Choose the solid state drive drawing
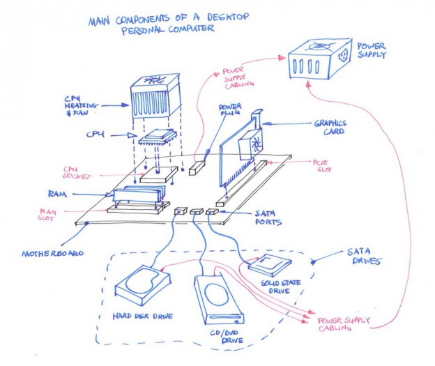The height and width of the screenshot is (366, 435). (x=269, y=265)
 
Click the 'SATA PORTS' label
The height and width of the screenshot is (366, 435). (x=267, y=218)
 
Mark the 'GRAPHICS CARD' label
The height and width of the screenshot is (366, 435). (x=329, y=128)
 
